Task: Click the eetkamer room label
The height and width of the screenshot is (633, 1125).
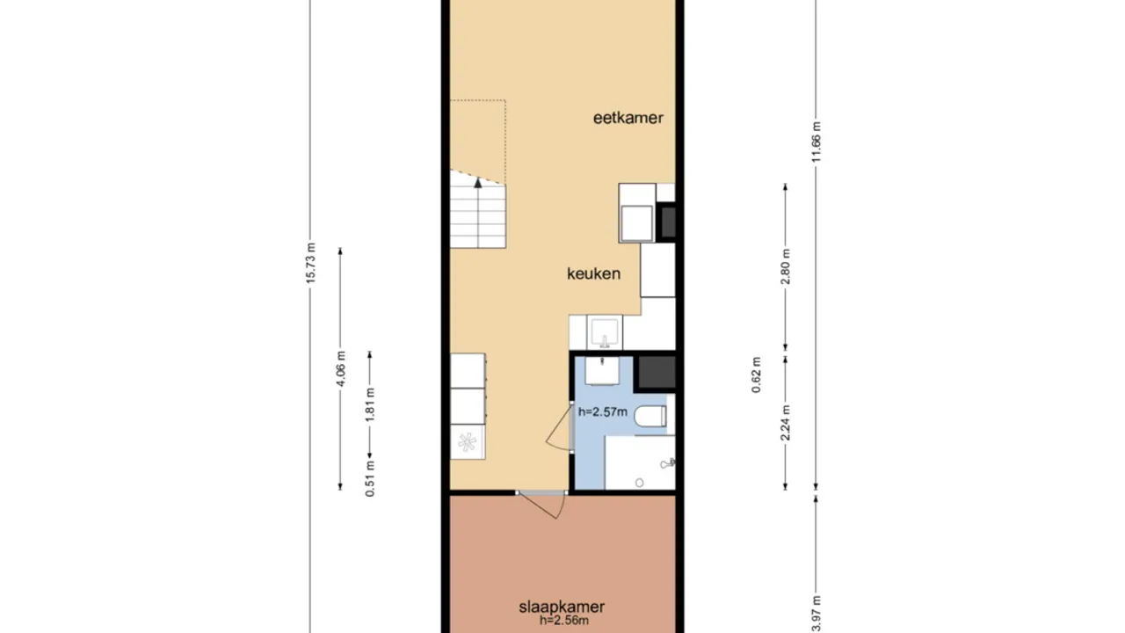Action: tap(628, 118)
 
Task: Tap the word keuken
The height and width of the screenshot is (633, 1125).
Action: tap(593, 273)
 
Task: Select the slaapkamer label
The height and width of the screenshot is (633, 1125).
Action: tap(562, 607)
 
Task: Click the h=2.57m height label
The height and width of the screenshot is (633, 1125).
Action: tap(603, 411)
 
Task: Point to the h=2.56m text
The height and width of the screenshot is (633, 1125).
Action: tap(563, 621)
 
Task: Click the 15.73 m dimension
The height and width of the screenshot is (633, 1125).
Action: tap(310, 262)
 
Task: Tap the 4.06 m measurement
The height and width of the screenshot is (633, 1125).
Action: tap(341, 368)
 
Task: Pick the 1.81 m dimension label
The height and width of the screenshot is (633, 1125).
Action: tap(370, 405)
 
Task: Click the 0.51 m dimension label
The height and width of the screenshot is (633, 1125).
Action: tap(370, 478)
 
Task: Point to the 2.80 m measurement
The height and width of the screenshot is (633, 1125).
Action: tap(786, 266)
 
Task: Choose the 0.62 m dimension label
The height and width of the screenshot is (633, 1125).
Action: tap(757, 375)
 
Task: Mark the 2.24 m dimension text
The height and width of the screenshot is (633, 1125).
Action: tap(786, 422)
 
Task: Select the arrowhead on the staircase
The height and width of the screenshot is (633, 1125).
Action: tap(478, 182)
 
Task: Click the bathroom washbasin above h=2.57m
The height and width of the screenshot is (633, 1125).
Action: tap(603, 371)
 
